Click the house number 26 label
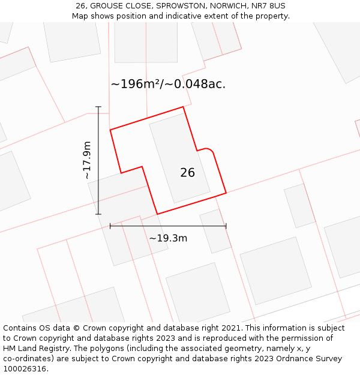[x=187, y=173]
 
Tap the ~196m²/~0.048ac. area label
[x=168, y=84]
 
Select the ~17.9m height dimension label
[x=87, y=160]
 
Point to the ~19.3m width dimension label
[x=168, y=238]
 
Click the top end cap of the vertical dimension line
[x=98, y=107]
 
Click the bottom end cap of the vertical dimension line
[x=98, y=214]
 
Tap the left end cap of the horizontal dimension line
[x=110, y=226]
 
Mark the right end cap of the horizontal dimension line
[x=226, y=226]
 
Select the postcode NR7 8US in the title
[x=269, y=6]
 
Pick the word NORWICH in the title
[x=229, y=6]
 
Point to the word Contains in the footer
[x=20, y=328]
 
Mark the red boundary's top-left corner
[x=110, y=130]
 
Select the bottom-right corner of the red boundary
[x=226, y=193]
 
